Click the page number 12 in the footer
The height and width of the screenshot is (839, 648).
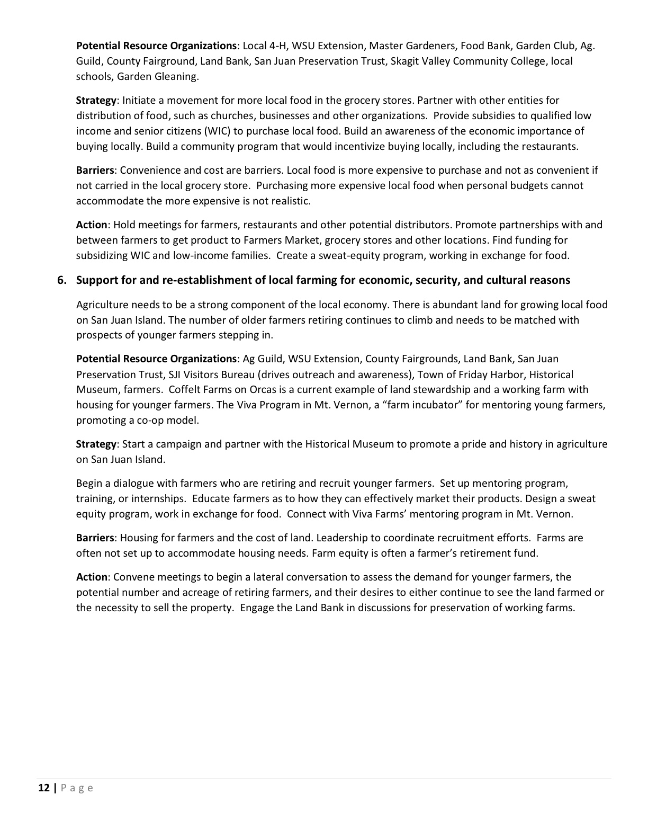(44, 788)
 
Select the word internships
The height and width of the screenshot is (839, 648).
(158, 498)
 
